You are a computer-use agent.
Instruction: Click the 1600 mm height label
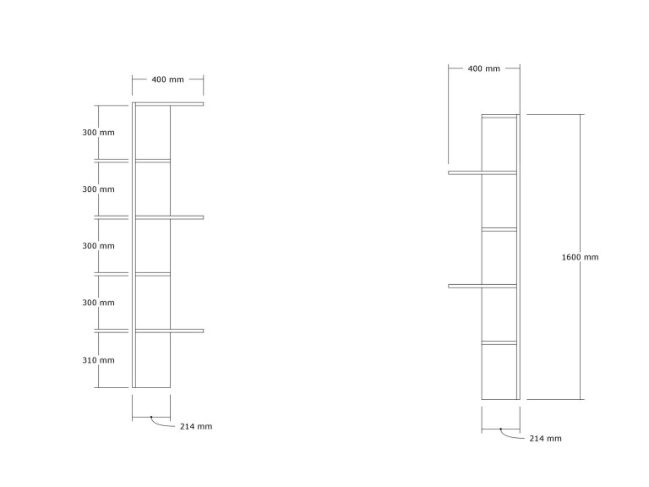click(x=580, y=257)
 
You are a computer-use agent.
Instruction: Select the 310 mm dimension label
click(x=98, y=360)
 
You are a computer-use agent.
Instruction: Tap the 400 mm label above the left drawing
click(x=167, y=79)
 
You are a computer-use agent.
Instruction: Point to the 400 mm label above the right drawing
click(x=484, y=68)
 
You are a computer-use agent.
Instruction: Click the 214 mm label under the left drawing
click(x=196, y=426)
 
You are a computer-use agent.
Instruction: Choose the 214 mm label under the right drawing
click(x=546, y=439)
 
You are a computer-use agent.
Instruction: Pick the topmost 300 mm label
click(x=98, y=133)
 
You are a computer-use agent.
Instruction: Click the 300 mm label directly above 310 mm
click(x=98, y=303)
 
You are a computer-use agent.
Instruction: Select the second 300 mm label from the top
click(x=98, y=189)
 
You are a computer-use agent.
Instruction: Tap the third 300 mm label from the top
click(x=98, y=246)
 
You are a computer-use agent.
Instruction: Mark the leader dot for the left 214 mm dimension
click(x=151, y=417)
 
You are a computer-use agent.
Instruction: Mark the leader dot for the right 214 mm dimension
click(x=501, y=429)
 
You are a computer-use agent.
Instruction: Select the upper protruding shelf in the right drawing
click(x=483, y=172)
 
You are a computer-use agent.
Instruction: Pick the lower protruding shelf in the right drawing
click(x=483, y=286)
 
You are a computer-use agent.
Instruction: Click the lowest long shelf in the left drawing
click(x=170, y=331)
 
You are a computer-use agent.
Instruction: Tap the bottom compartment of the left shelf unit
click(x=153, y=360)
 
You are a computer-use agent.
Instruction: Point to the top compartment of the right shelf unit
click(x=499, y=144)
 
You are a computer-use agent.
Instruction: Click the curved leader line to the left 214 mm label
click(x=161, y=424)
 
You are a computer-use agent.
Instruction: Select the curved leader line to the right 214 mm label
click(x=510, y=436)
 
